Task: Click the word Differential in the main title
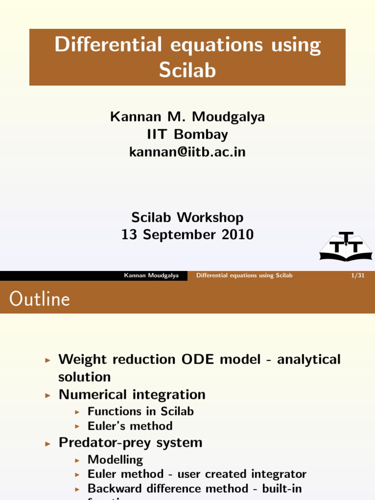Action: (x=107, y=45)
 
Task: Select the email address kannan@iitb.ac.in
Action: (x=187, y=152)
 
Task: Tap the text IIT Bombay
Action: (x=187, y=134)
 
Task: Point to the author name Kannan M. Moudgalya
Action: (x=187, y=117)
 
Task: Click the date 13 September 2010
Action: (x=187, y=234)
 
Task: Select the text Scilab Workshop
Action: (x=187, y=217)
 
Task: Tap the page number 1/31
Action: (x=358, y=276)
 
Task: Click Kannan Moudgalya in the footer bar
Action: (x=151, y=276)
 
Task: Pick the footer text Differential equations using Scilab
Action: (x=244, y=276)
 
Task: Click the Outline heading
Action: (x=40, y=299)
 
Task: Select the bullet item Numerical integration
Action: (x=132, y=394)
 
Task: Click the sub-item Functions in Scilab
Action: (x=141, y=411)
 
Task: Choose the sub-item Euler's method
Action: (x=130, y=426)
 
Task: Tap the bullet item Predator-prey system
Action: (x=130, y=442)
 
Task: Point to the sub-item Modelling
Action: (x=115, y=459)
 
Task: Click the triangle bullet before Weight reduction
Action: (x=47, y=360)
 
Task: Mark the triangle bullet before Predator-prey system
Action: (x=47, y=443)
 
